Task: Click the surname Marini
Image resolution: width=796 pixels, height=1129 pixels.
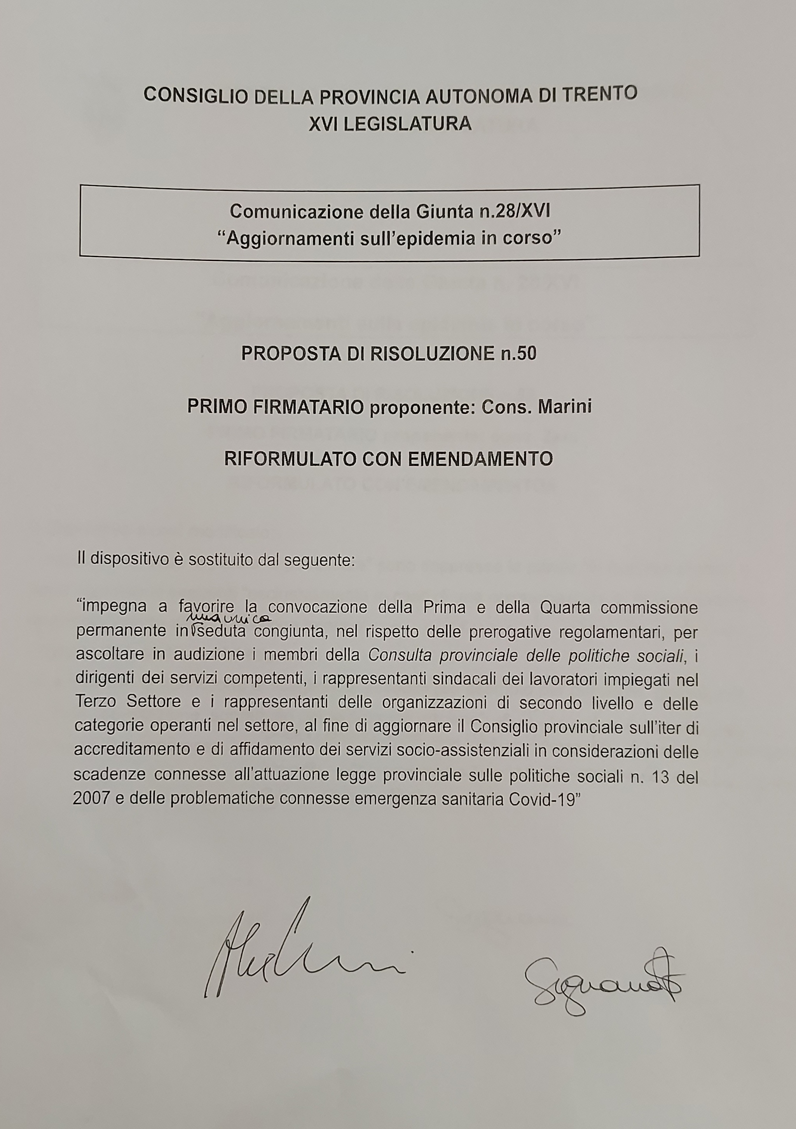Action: (x=565, y=407)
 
